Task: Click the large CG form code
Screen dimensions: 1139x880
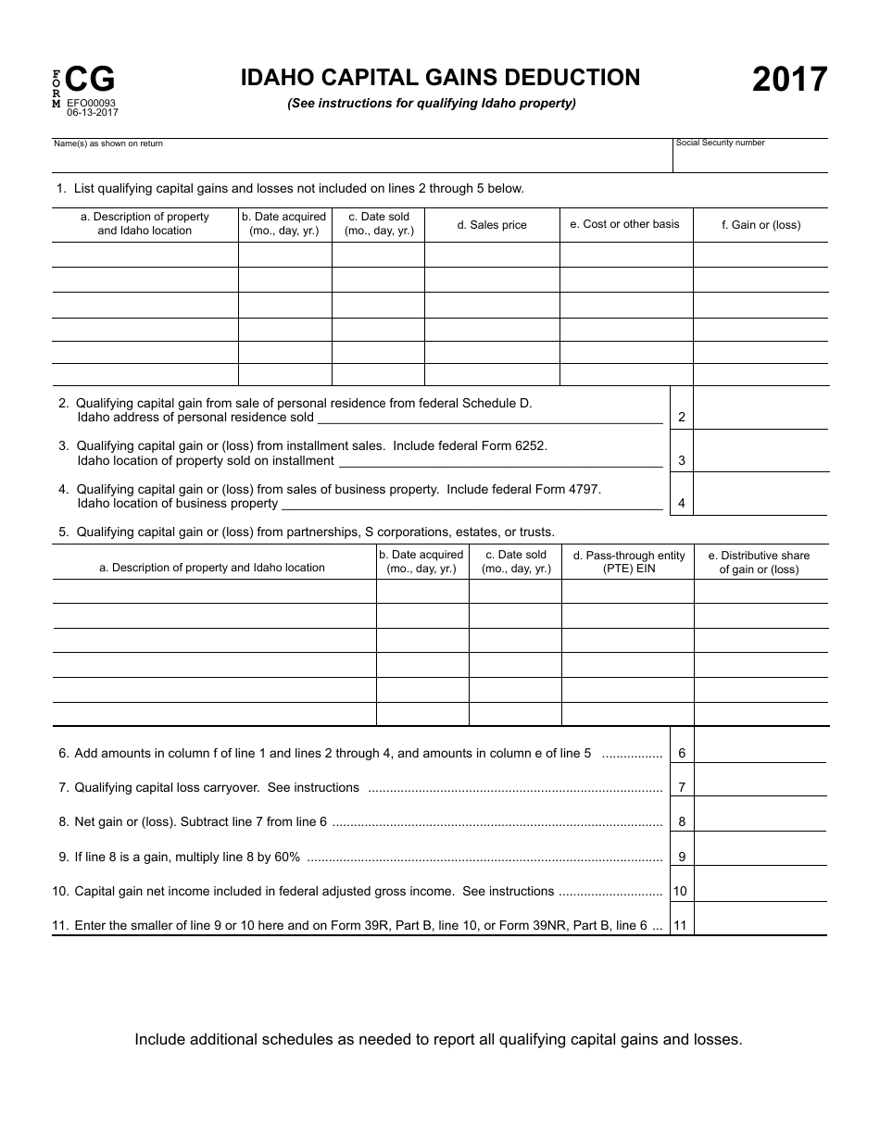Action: coord(91,81)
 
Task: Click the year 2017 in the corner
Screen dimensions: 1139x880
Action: coord(789,81)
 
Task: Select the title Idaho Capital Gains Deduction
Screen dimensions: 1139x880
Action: coord(440,78)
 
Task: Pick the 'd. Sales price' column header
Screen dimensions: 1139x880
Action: coord(492,225)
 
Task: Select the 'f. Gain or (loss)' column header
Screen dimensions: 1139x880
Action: coord(761,225)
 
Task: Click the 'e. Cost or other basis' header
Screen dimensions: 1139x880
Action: coord(625,224)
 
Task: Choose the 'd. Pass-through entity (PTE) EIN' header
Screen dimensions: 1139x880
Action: coord(628,562)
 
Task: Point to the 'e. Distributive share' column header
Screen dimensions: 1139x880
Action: coord(759,562)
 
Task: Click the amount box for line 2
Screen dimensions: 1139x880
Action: coord(761,408)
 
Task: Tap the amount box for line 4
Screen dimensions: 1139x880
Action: coord(761,494)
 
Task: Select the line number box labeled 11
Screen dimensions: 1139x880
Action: coord(682,925)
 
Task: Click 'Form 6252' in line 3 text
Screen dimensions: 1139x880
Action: coord(514,445)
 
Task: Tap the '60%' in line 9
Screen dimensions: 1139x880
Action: coord(286,857)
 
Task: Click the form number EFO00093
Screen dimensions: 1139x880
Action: coord(92,103)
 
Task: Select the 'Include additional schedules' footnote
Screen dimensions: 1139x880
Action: coord(438,1039)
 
